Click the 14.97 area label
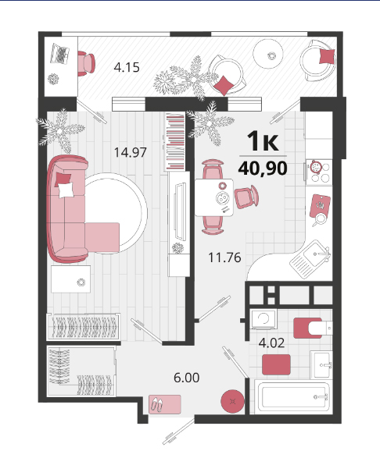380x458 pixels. [130, 152]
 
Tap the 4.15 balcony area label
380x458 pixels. [127, 67]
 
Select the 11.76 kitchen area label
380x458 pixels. [224, 257]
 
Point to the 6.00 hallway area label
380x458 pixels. [187, 378]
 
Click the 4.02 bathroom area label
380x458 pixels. [271, 343]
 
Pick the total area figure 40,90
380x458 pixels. [263, 169]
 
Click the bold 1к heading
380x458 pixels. [263, 141]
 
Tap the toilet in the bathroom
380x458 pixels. [313, 328]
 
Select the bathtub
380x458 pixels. [293, 397]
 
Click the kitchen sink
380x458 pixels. [310, 258]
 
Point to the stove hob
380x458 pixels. [319, 172]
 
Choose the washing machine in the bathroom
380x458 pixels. [263, 319]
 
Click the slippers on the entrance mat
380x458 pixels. [157, 404]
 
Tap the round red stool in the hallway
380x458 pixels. [232, 401]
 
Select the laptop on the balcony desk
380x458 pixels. [60, 54]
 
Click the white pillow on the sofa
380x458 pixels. [66, 190]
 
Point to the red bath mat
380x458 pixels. [276, 364]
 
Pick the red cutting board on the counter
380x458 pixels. [320, 206]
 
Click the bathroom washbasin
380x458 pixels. [321, 365]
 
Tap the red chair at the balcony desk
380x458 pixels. [86, 63]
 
